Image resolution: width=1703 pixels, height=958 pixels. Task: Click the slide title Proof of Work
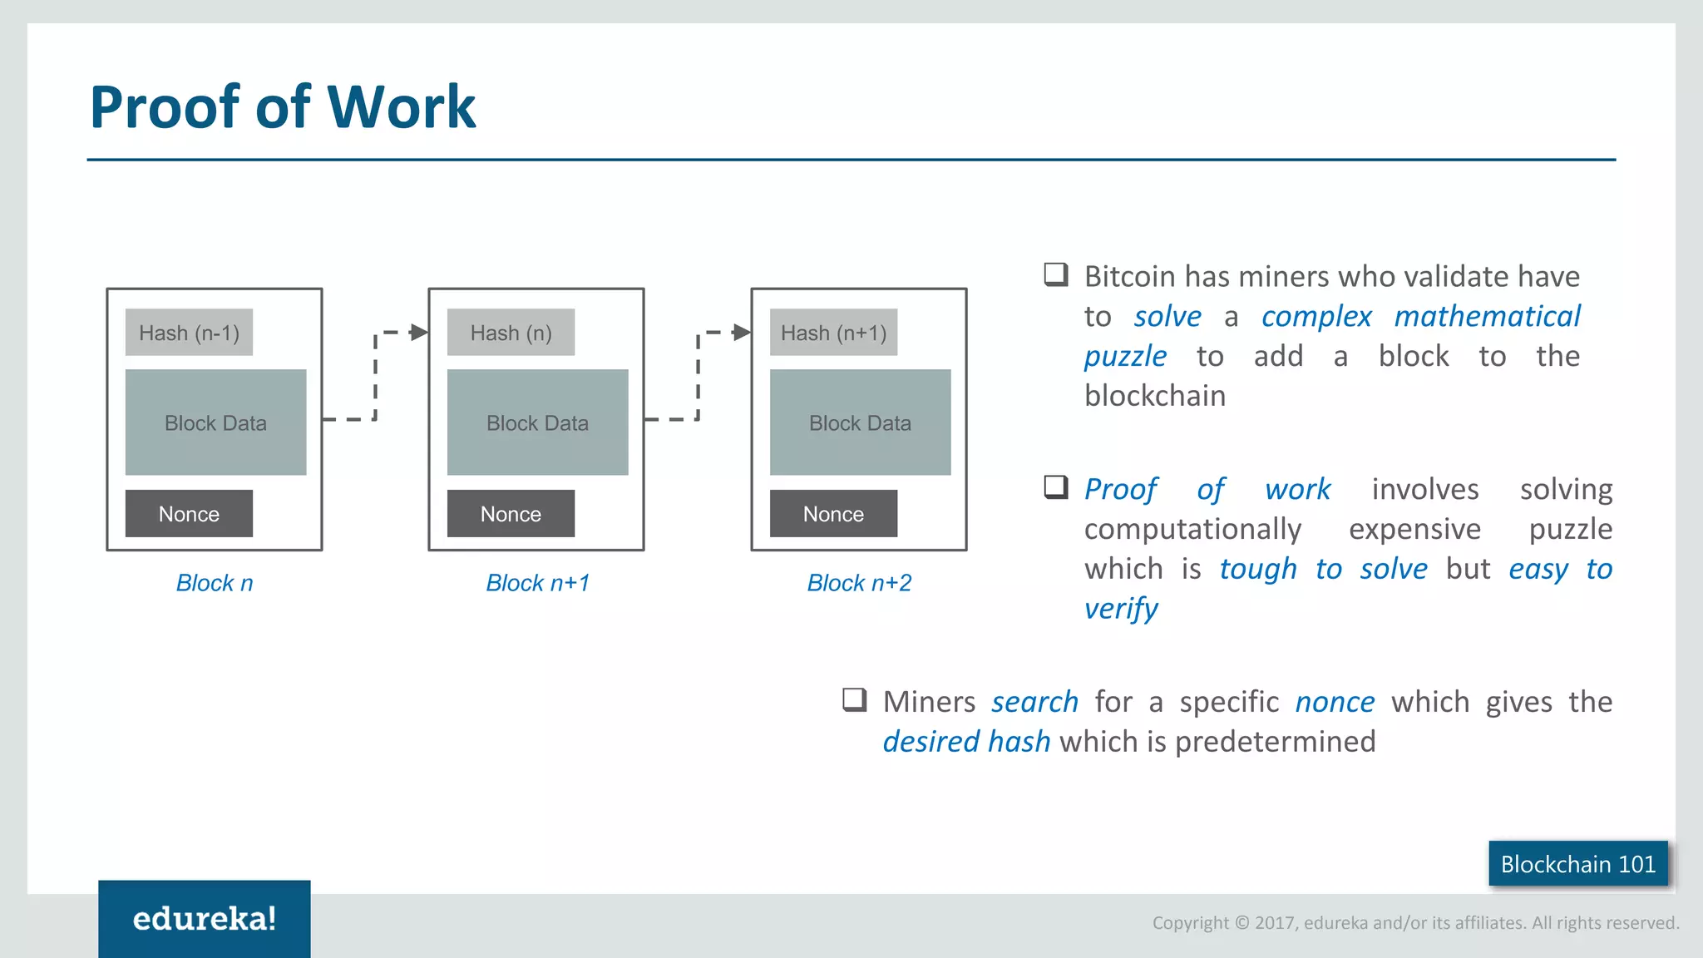(x=283, y=107)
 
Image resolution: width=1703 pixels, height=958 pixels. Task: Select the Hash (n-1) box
(x=189, y=333)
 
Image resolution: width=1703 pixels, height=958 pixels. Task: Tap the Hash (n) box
(x=511, y=333)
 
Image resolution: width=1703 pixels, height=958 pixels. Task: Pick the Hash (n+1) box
(x=833, y=333)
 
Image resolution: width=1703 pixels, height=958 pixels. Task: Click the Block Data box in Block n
(x=215, y=422)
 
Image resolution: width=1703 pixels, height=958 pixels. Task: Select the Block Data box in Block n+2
(x=860, y=422)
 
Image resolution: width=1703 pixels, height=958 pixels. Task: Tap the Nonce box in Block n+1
(x=511, y=514)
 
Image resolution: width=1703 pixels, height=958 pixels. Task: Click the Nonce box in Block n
(x=189, y=514)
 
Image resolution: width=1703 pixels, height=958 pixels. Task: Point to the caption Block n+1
(x=537, y=583)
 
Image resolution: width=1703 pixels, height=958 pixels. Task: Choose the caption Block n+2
(x=859, y=583)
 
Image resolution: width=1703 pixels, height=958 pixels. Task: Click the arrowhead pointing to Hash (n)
(x=419, y=333)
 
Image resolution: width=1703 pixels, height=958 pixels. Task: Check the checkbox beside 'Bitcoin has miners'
(x=1056, y=274)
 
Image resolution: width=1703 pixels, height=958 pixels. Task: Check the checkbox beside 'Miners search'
(x=855, y=699)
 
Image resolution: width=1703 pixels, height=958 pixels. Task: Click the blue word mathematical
(x=1487, y=317)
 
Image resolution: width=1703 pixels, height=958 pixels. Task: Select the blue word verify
(x=1120, y=610)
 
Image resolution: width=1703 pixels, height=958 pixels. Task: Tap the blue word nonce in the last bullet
(x=1335, y=703)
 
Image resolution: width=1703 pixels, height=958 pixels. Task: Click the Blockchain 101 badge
(x=1577, y=864)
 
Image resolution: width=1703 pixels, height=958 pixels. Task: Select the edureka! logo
(x=205, y=919)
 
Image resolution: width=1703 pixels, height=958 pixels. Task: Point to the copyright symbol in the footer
(x=1242, y=922)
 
